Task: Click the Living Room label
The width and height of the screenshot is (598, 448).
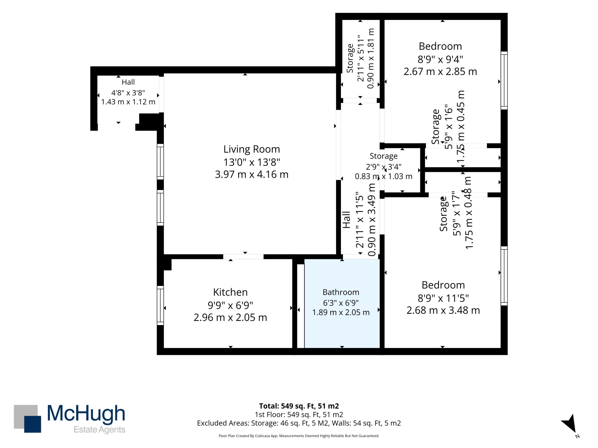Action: coord(251,149)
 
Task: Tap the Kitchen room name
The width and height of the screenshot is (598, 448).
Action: coord(230,292)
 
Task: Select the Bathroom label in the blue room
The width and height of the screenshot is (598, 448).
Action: coord(341,292)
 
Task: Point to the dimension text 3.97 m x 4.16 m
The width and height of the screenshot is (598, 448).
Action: coord(251,175)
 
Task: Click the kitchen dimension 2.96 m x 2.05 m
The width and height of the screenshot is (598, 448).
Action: coord(230,317)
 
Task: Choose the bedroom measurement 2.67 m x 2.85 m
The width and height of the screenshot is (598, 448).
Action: coord(440,72)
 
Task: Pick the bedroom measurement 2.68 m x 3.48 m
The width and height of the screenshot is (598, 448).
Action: coord(443,310)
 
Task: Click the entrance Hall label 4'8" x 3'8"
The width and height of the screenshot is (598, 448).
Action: coord(128,93)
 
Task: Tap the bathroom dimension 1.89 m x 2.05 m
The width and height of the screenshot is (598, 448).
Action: coord(341,312)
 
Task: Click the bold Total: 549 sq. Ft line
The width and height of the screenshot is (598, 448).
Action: coord(299,406)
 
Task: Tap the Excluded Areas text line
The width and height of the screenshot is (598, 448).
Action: coord(299,423)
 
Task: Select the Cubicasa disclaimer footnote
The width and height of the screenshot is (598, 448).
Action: coord(299,436)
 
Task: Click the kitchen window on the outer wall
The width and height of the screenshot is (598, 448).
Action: coord(160,305)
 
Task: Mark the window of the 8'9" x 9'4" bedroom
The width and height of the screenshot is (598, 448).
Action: coord(504,80)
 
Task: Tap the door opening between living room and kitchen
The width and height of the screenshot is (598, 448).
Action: coord(243,256)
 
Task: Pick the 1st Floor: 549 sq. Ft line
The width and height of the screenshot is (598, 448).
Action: coord(299,414)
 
